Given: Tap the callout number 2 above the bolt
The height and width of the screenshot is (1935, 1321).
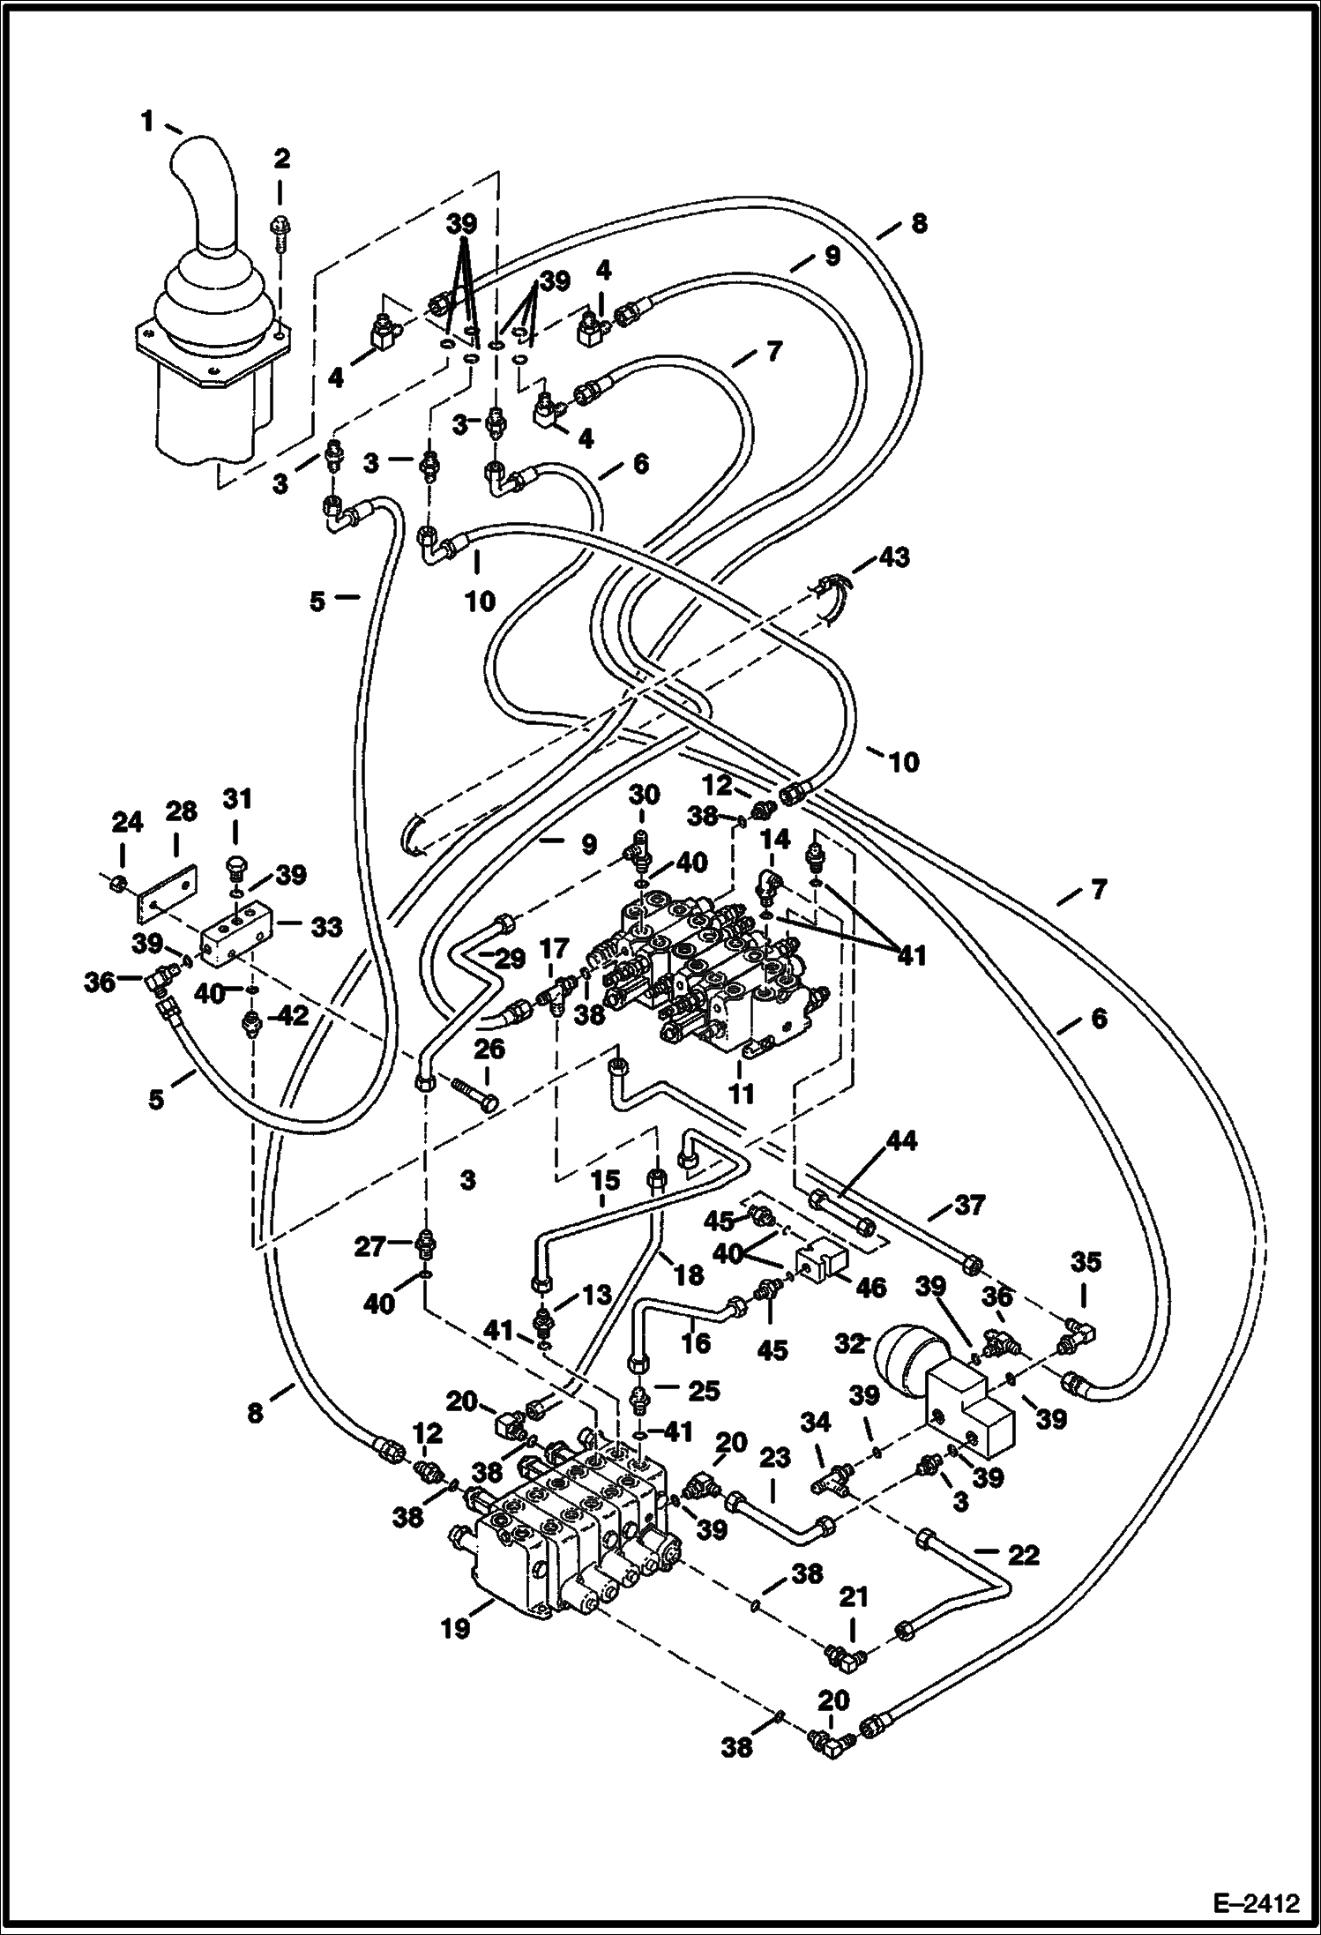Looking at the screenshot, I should pos(281,160).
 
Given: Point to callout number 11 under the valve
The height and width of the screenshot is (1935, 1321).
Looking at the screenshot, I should pos(741,1094).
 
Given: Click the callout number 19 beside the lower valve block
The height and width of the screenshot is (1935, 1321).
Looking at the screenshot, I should pos(456,1628).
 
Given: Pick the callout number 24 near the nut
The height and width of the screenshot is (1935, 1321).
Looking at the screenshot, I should pos(126,824).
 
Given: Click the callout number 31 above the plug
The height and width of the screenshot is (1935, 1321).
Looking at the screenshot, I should pos(237,800).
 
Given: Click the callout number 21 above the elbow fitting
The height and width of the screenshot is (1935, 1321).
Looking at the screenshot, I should pos(853,1596).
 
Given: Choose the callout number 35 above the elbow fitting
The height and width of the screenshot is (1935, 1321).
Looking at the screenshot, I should pos(1086,1263).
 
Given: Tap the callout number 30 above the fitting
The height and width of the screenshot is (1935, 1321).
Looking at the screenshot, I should pos(643,795).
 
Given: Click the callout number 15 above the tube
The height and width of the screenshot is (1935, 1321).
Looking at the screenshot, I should pos(606,1180).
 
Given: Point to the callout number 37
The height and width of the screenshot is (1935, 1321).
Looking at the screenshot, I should pos(968,1205).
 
